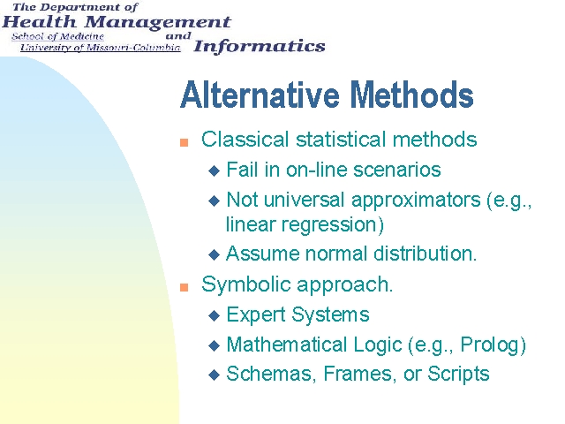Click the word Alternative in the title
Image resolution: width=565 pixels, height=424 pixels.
(260, 95)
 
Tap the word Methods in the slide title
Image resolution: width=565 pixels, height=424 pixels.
(412, 95)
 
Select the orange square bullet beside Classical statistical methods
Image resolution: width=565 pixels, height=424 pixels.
(185, 142)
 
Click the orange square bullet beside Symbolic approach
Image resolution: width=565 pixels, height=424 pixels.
(185, 287)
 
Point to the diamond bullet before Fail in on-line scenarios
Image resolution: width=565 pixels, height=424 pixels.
(214, 170)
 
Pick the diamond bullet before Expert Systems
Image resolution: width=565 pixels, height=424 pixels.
(214, 316)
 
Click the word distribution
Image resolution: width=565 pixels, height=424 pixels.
(426, 254)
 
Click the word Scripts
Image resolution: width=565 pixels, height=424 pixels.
(458, 374)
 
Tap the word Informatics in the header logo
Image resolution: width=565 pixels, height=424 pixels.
(260, 47)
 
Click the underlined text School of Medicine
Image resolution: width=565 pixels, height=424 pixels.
(57, 36)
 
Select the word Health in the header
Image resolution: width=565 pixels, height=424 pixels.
(40, 22)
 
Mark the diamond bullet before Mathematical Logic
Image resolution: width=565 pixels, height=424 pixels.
(214, 346)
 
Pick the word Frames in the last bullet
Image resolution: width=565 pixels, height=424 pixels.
(358, 374)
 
